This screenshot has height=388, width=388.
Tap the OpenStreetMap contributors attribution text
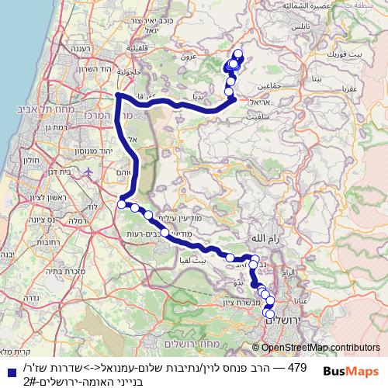coord(320,348)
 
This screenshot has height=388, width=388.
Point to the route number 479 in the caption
coord(297,365)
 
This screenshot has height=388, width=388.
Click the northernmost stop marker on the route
coord(237,54)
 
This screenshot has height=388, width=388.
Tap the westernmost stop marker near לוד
coord(122,204)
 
